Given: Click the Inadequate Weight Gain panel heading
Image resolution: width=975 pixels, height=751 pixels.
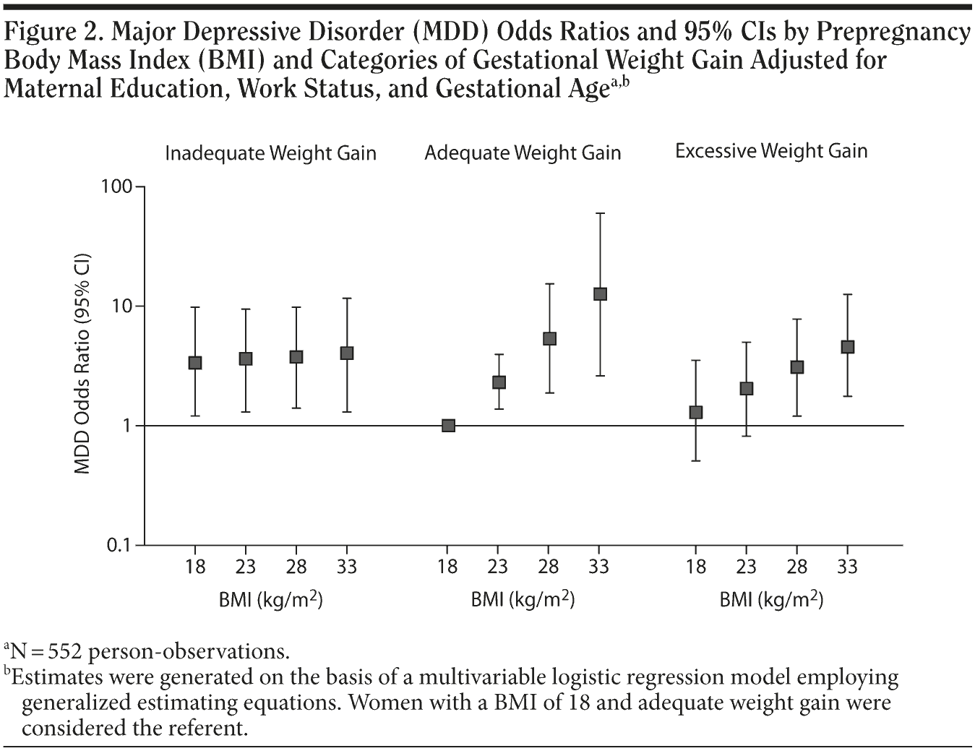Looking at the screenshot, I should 270,153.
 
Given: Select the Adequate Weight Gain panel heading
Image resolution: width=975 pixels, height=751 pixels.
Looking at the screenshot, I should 523,153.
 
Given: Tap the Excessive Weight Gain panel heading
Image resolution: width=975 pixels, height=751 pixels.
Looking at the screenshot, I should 771,151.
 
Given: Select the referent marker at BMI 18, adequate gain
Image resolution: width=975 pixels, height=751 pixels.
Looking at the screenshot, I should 448,425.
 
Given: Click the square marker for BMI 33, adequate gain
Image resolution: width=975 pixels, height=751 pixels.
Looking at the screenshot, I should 600,294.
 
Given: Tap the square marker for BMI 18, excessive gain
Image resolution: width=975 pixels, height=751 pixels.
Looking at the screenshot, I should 696,412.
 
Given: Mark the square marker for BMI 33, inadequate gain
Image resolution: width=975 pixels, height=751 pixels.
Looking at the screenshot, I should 347,353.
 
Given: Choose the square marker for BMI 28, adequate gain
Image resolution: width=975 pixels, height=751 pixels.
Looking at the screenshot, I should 549,338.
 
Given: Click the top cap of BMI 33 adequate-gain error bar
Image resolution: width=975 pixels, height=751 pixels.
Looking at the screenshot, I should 600,213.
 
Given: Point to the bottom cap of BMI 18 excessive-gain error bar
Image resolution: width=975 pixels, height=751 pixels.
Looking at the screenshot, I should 696,460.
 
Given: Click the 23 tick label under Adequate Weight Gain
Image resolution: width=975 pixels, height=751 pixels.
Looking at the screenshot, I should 498,567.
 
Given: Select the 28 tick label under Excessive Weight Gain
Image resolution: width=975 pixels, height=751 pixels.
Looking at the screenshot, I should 797,567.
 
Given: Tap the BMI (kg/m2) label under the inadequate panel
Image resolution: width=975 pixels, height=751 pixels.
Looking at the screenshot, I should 270,599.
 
